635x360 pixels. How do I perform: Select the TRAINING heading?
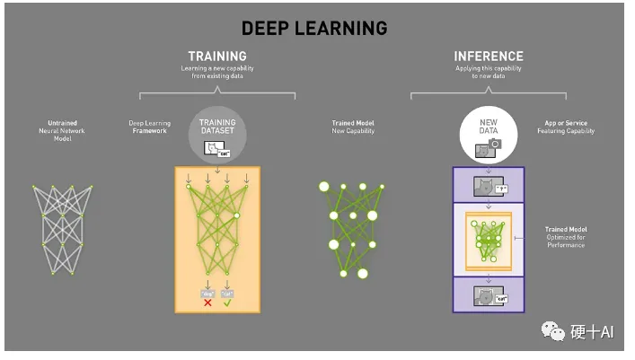217,57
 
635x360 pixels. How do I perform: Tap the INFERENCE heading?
488,57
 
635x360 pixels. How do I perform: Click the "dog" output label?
207,293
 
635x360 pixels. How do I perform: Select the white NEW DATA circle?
487,136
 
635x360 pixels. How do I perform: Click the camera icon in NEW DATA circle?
495,144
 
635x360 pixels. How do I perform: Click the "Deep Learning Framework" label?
149,126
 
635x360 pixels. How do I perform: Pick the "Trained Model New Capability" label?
353,126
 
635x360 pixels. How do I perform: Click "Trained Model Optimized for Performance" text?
565,237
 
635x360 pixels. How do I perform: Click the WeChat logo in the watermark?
552,331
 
